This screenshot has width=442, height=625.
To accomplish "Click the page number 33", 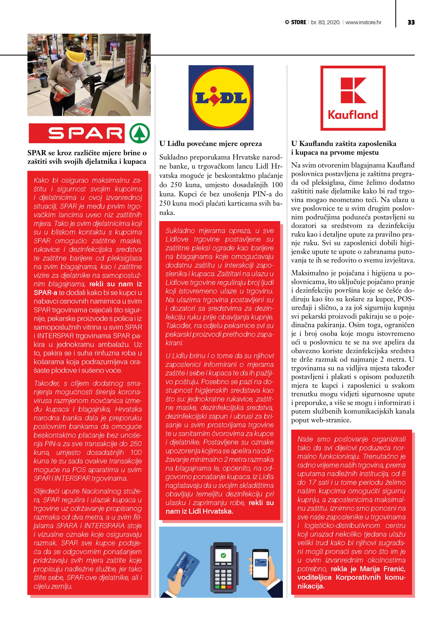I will pos(411,22).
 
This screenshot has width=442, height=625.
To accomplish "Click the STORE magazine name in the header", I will pos(299,22).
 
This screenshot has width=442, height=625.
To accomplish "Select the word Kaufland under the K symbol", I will pos(353,115).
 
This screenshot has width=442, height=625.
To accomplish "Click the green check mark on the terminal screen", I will pos(223,555).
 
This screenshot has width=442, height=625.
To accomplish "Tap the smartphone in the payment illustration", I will pos(260,565).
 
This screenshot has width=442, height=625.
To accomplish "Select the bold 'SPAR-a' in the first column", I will pos(45,293).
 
